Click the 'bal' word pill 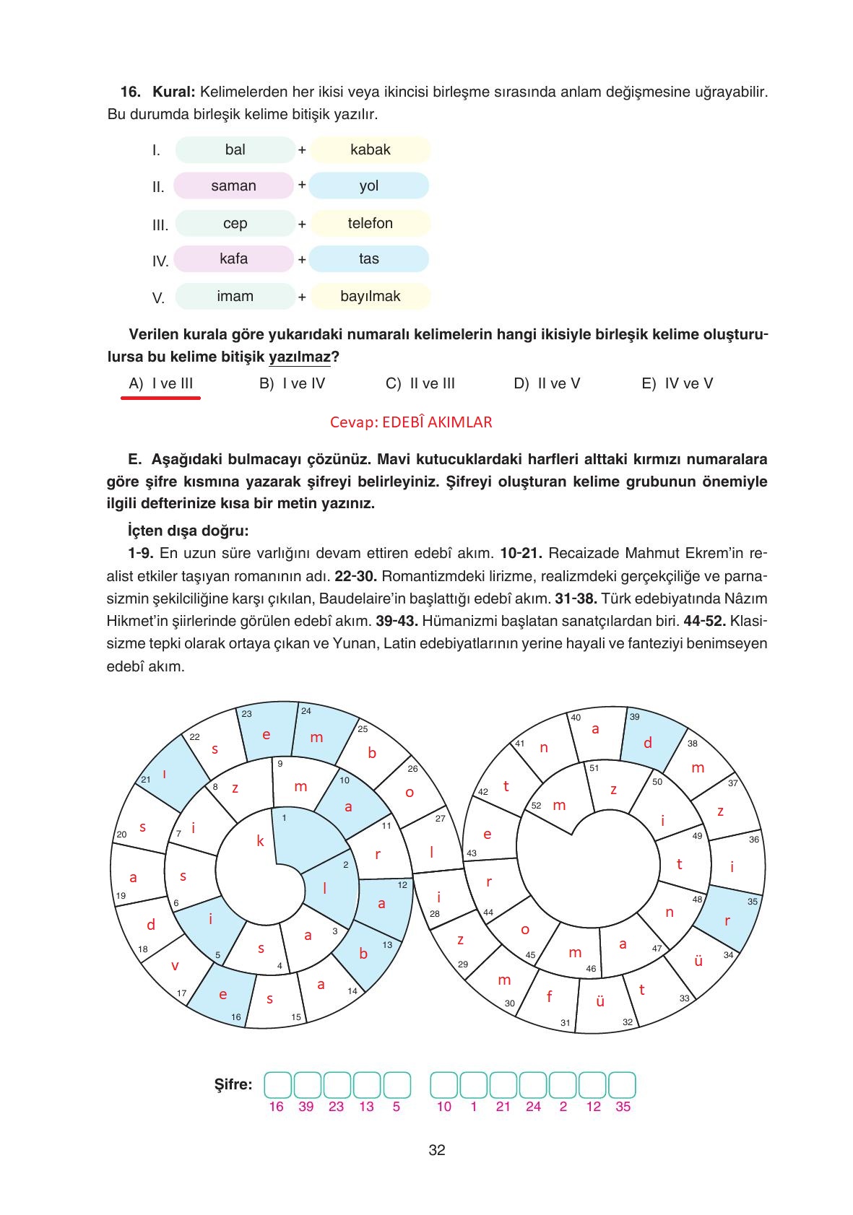point(235,149)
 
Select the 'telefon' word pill point(371,223)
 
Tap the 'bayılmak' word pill point(371,296)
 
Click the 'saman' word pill point(233,186)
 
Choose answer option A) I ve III point(161,383)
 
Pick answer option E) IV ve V point(677,383)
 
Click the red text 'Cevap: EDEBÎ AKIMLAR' point(411,422)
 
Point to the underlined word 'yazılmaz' point(299,357)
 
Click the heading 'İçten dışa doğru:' point(188,531)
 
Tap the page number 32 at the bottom point(436,1150)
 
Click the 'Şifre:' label point(233,1084)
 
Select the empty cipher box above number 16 point(277,1084)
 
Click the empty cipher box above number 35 point(622,1084)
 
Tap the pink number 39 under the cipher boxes point(306,1107)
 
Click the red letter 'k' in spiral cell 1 point(261,840)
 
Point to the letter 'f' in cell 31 point(549,997)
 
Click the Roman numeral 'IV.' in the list point(160,261)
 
